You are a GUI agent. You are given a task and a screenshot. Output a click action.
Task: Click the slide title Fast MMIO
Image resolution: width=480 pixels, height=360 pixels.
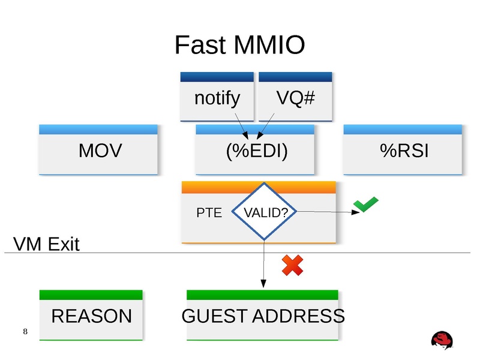tap(239, 45)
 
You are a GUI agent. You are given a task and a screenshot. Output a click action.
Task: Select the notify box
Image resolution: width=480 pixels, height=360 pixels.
tap(217, 98)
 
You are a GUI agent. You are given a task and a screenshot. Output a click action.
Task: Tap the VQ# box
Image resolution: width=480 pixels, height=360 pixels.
tap(295, 98)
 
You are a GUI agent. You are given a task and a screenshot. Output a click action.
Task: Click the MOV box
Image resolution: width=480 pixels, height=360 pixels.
tap(100, 151)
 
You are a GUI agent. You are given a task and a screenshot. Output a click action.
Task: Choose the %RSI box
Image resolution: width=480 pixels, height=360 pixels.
tap(404, 151)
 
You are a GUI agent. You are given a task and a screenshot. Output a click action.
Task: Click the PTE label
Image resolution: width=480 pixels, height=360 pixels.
tap(209, 212)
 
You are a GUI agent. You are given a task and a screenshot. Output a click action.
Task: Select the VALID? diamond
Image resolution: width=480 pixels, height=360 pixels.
tap(264, 212)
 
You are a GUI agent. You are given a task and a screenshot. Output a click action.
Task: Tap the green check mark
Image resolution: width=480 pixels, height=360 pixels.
tap(365, 205)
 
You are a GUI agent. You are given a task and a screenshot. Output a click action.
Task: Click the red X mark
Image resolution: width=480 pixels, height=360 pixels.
tap(292, 265)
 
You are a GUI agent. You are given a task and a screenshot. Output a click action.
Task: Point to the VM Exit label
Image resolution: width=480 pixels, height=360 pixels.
tap(46, 244)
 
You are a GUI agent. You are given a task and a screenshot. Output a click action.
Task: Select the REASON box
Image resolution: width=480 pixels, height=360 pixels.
tap(91, 316)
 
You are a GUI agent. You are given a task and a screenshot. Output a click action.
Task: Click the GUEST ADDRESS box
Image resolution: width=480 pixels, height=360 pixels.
tap(263, 316)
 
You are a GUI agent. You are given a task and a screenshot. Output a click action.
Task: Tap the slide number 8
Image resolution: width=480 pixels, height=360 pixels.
tap(25, 332)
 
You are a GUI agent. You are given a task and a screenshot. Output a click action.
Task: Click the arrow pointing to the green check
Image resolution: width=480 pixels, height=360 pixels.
tap(324, 212)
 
